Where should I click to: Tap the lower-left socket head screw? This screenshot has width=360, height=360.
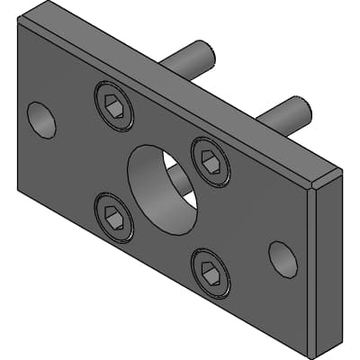(113, 217)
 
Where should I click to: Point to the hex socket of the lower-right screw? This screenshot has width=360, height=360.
(211, 272)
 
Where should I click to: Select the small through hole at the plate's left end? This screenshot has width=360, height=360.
(40, 120)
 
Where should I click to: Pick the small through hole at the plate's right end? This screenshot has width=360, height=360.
(282, 258)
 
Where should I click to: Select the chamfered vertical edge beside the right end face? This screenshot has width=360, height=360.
(312, 270)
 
